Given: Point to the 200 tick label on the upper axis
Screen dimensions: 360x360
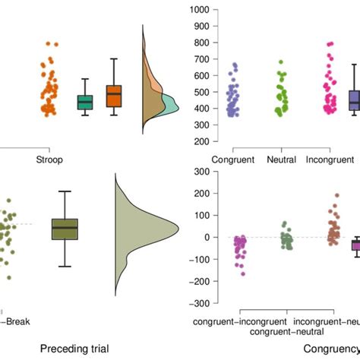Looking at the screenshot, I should coord(180,142).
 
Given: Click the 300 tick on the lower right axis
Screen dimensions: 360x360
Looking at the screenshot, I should coord(180,172).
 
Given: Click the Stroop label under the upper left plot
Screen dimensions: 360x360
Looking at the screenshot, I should coord(49,159).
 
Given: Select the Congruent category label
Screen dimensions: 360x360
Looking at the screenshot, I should coord(232,160).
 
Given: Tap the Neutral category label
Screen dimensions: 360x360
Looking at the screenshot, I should coord(281,160).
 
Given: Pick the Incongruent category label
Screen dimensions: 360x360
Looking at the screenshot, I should coord(330,160).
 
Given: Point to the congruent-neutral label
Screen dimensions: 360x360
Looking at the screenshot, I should coord(286,331).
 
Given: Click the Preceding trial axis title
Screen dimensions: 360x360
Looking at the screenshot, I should coord(74,349).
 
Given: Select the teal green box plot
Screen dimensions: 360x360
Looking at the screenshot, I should coord(84,101).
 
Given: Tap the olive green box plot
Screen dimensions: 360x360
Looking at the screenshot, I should coord(65,229).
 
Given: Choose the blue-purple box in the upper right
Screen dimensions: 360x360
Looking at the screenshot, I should coord(354,100).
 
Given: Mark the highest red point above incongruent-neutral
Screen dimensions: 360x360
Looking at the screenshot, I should coord(336,195).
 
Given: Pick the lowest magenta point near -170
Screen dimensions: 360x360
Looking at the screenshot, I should coord(242,273).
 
